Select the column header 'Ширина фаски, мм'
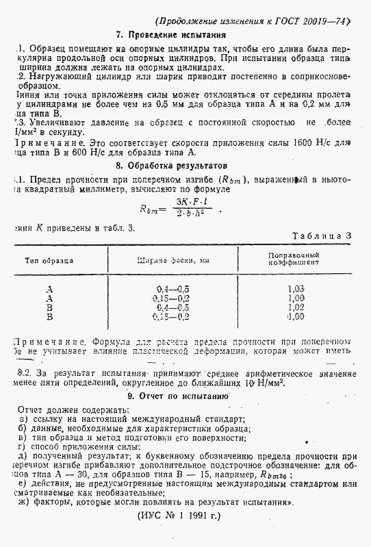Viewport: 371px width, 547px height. (173, 261)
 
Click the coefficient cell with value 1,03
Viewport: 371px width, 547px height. (296, 289)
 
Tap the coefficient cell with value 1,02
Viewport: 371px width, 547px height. (296, 308)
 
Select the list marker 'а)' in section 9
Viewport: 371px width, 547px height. (24, 419)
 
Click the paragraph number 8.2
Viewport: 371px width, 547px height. (23, 374)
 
